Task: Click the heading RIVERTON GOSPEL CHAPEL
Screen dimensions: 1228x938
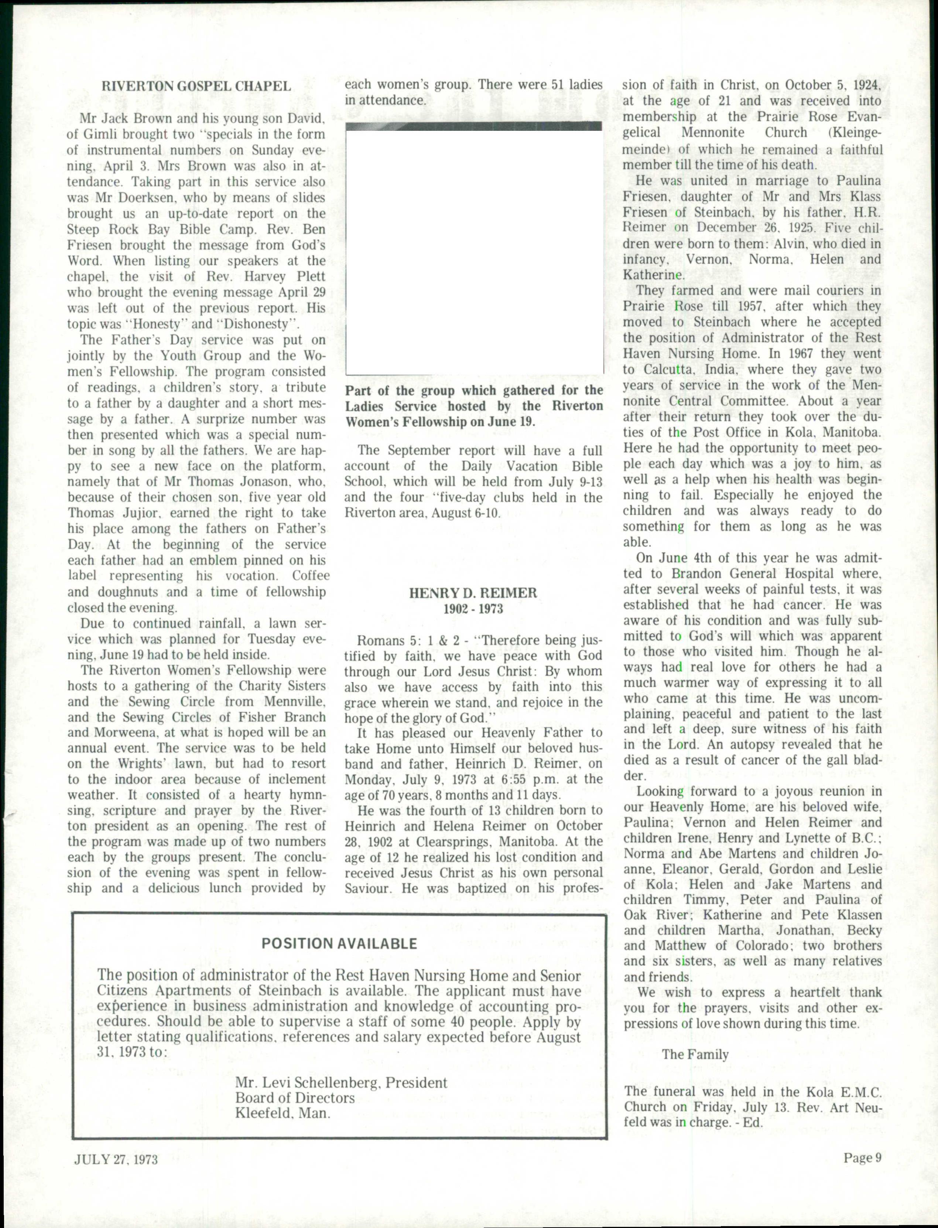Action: pyautogui.click(x=196, y=86)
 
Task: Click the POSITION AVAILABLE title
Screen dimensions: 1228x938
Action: pyautogui.click(x=339, y=943)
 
